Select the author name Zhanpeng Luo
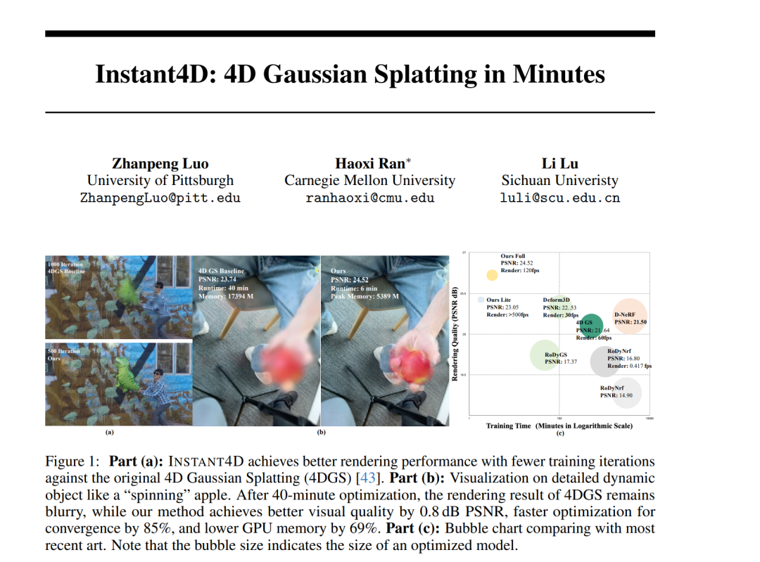tap(160, 164)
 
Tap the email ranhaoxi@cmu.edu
tap(369, 198)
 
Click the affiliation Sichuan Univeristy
tap(559, 181)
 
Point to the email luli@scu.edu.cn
tap(559, 198)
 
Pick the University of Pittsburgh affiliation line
tap(160, 181)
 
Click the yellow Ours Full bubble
tap(492, 276)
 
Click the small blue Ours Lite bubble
tap(481, 300)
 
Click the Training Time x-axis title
tap(559, 426)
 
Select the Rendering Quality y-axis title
tap(455, 335)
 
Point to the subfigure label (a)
tap(109, 433)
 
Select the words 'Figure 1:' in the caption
tap(73, 462)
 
